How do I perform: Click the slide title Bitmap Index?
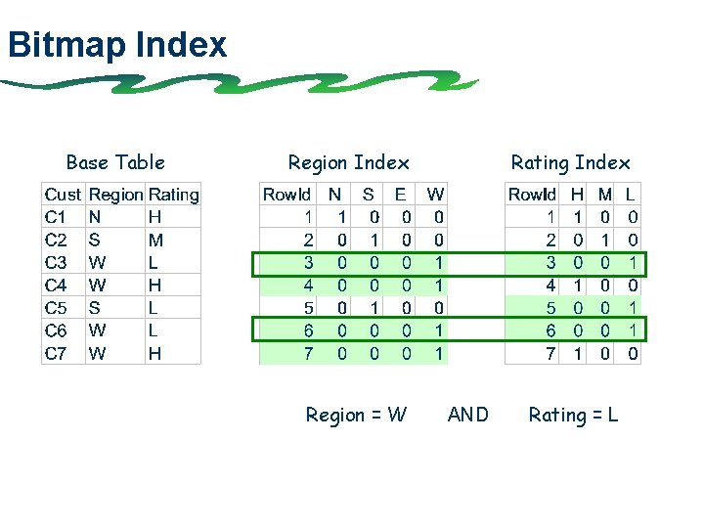(116, 45)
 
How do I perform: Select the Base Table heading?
(115, 162)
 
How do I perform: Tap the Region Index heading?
(348, 162)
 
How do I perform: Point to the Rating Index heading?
(570, 162)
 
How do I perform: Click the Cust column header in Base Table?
(63, 195)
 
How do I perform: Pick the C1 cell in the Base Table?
(56, 217)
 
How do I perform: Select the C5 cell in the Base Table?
(56, 308)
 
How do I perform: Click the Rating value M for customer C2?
(155, 240)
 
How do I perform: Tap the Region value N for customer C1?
(94, 217)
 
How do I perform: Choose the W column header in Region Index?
(435, 195)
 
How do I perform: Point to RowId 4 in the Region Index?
(308, 286)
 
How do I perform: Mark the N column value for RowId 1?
(341, 217)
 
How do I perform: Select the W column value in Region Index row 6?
(438, 330)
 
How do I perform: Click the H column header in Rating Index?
(578, 195)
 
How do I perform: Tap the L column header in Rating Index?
(631, 195)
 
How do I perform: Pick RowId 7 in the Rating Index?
(550, 353)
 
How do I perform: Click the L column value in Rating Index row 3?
(634, 262)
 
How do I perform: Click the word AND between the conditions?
(467, 415)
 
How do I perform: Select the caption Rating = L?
(573, 415)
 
